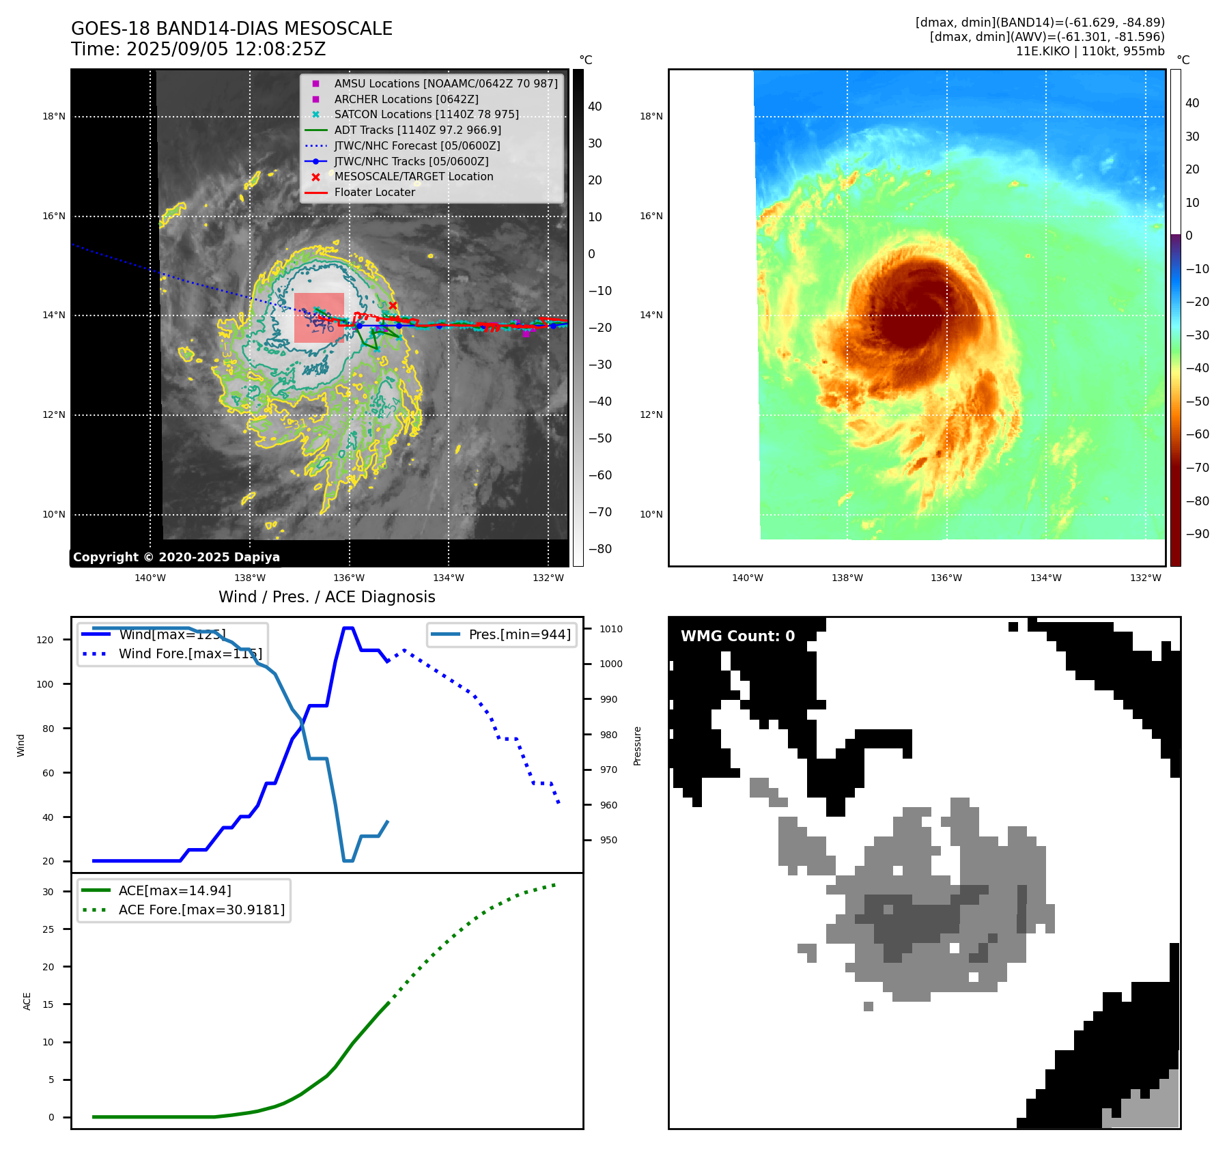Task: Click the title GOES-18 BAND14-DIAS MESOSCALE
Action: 231,29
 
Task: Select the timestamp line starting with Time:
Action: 198,49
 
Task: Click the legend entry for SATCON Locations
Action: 426,114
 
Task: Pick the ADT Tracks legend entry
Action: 417,130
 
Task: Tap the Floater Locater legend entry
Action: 374,192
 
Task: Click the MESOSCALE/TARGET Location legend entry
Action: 413,176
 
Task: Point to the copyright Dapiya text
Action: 176,557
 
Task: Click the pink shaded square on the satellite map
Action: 319,318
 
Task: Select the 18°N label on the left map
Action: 54,117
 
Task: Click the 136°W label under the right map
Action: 946,578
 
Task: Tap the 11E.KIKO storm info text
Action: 1090,51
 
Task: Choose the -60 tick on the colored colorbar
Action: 1197,434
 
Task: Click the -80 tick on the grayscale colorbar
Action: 600,549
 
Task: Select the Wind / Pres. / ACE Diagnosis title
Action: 326,597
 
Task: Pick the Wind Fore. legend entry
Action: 190,653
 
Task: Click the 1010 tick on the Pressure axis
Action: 611,629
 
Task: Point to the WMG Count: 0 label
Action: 737,636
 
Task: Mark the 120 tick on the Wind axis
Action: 45,640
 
